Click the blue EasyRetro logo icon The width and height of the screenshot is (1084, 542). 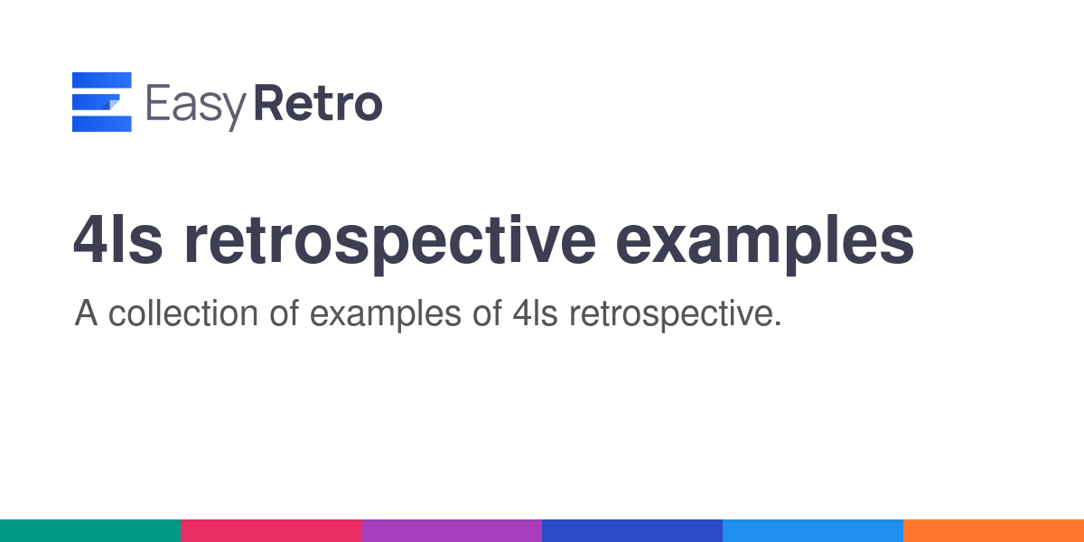point(101,101)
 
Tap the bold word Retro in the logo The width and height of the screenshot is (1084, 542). point(318,103)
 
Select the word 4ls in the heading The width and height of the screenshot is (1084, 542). point(117,240)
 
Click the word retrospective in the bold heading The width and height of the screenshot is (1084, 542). point(390,245)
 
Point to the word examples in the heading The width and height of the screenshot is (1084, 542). point(764,245)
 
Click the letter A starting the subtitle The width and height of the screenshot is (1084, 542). point(86,313)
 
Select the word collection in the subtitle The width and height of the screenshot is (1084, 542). point(182,313)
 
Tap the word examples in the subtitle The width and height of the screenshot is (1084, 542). point(385,315)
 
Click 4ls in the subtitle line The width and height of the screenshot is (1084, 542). point(535,313)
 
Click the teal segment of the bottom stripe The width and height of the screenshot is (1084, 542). point(90,531)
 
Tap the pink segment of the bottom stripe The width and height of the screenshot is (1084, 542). point(271,531)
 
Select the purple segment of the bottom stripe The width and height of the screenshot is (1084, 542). point(452,531)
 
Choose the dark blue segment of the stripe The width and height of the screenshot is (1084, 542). point(632,531)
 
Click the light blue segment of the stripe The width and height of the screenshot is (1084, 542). point(813,531)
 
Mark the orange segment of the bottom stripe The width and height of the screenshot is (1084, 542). point(994,531)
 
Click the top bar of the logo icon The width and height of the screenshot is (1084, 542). point(101,80)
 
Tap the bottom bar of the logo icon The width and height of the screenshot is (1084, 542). point(101,124)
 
